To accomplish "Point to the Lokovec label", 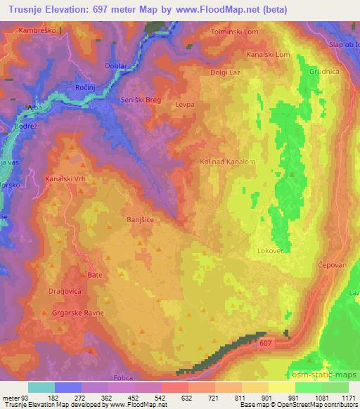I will pyautogui.click(x=271, y=249).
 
